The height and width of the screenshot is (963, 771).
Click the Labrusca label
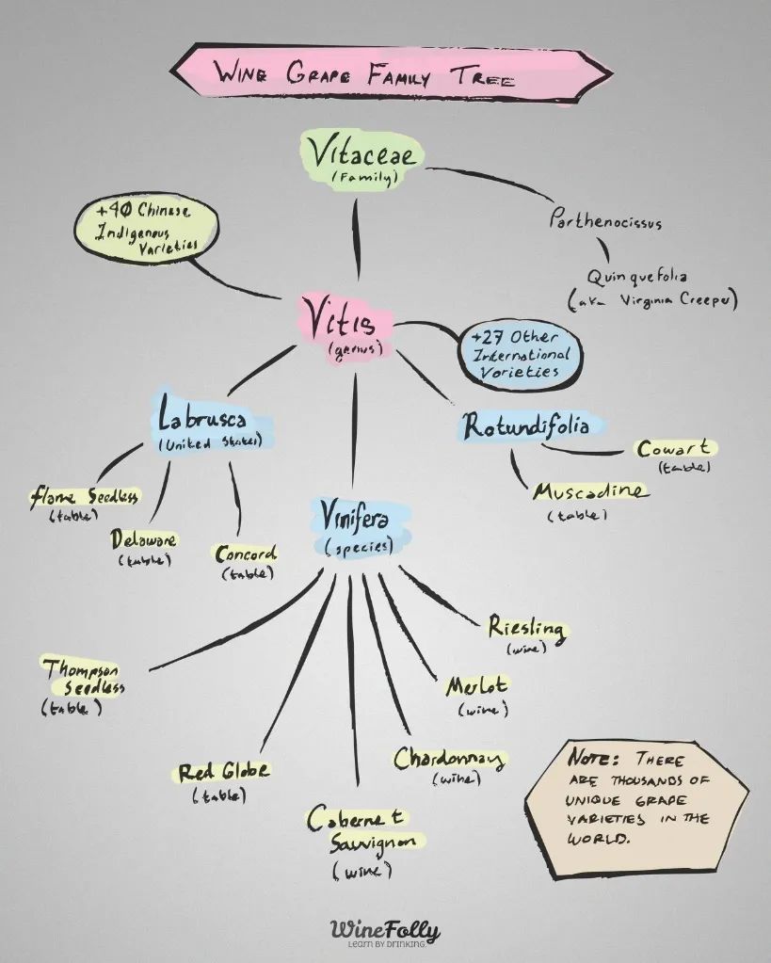pos(210,424)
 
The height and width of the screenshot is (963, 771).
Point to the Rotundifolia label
pos(528,426)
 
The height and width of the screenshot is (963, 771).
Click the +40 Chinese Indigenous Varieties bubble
pos(146,233)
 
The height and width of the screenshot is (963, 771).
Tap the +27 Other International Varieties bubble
pos(520,355)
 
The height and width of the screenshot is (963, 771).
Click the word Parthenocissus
pos(605,219)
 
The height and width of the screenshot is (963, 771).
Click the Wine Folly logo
pos(386,932)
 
